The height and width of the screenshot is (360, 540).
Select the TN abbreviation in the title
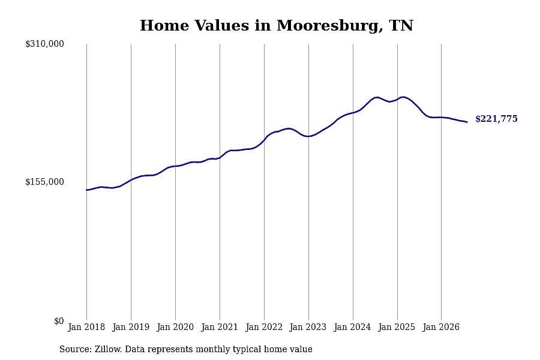401,26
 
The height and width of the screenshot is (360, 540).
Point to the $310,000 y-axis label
44,44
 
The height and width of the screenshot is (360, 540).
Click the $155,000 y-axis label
44,182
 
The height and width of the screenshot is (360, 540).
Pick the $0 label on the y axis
59,321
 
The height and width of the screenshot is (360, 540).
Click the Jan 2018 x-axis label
86,327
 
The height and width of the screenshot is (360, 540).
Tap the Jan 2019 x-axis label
131,327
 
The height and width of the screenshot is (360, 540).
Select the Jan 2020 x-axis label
175,327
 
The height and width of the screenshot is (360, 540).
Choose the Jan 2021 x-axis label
220,327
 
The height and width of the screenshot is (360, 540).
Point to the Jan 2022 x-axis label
264,327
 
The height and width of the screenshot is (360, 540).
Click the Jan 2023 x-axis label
308,327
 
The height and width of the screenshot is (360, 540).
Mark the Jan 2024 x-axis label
352,327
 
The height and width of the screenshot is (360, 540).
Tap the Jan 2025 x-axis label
397,327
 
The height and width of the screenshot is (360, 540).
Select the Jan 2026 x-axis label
441,327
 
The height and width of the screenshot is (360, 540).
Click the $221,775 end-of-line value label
496,119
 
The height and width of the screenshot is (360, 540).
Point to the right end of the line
467,122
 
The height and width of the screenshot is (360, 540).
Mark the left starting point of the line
86,190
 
